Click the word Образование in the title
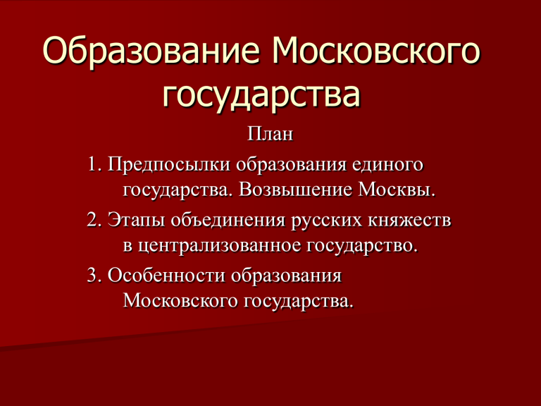pos(151,51)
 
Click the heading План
pos(270,134)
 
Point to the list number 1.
pos(94,164)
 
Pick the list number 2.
pos(94,219)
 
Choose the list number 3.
pos(94,275)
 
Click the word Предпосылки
pos(169,165)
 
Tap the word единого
pos(387,165)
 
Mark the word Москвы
pos(397,190)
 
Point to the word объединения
pos(228,221)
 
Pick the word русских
pos(327,221)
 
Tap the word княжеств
pos(409,220)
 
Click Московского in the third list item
pos(180,301)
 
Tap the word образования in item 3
pos(287,276)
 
